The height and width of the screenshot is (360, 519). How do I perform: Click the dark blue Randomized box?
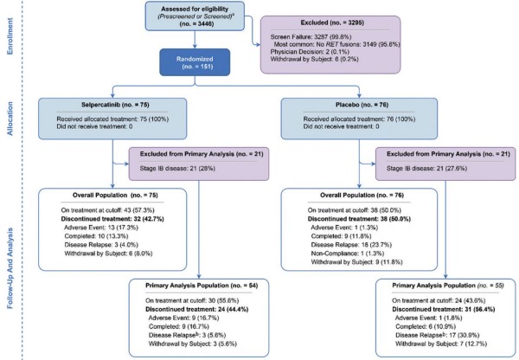point(195,62)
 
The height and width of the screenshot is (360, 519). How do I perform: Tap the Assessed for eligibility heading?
point(195,9)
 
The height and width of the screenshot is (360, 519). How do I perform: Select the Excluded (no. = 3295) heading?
point(332,22)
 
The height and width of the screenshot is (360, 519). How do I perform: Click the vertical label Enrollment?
point(10,36)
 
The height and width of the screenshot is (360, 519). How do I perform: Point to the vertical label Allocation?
point(10,119)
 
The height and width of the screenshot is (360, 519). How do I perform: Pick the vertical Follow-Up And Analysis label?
point(10,268)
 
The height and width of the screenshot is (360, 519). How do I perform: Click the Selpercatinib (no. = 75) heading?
point(115,105)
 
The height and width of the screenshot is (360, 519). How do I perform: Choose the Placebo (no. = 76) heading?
point(362,105)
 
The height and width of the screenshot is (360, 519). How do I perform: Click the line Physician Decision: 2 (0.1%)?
point(310,52)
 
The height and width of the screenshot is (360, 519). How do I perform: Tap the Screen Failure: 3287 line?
point(311,36)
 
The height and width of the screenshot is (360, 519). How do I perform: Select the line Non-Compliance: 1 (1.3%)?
point(348,254)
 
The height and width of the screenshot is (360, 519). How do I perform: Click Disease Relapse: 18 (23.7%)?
point(351,245)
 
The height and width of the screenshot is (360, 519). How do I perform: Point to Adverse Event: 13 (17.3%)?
point(101,228)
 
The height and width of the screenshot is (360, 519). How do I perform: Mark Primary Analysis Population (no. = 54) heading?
point(202,286)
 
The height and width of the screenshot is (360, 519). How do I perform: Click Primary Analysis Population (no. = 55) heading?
point(448,286)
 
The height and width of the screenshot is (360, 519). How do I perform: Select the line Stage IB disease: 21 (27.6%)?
point(426,169)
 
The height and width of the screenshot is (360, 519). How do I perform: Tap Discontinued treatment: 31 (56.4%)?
point(444,309)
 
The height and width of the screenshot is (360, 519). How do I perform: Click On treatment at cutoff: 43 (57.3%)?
point(107,210)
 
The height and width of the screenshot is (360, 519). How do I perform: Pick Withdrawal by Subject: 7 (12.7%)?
point(441,344)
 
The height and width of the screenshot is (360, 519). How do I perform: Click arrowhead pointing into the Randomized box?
point(195,46)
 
